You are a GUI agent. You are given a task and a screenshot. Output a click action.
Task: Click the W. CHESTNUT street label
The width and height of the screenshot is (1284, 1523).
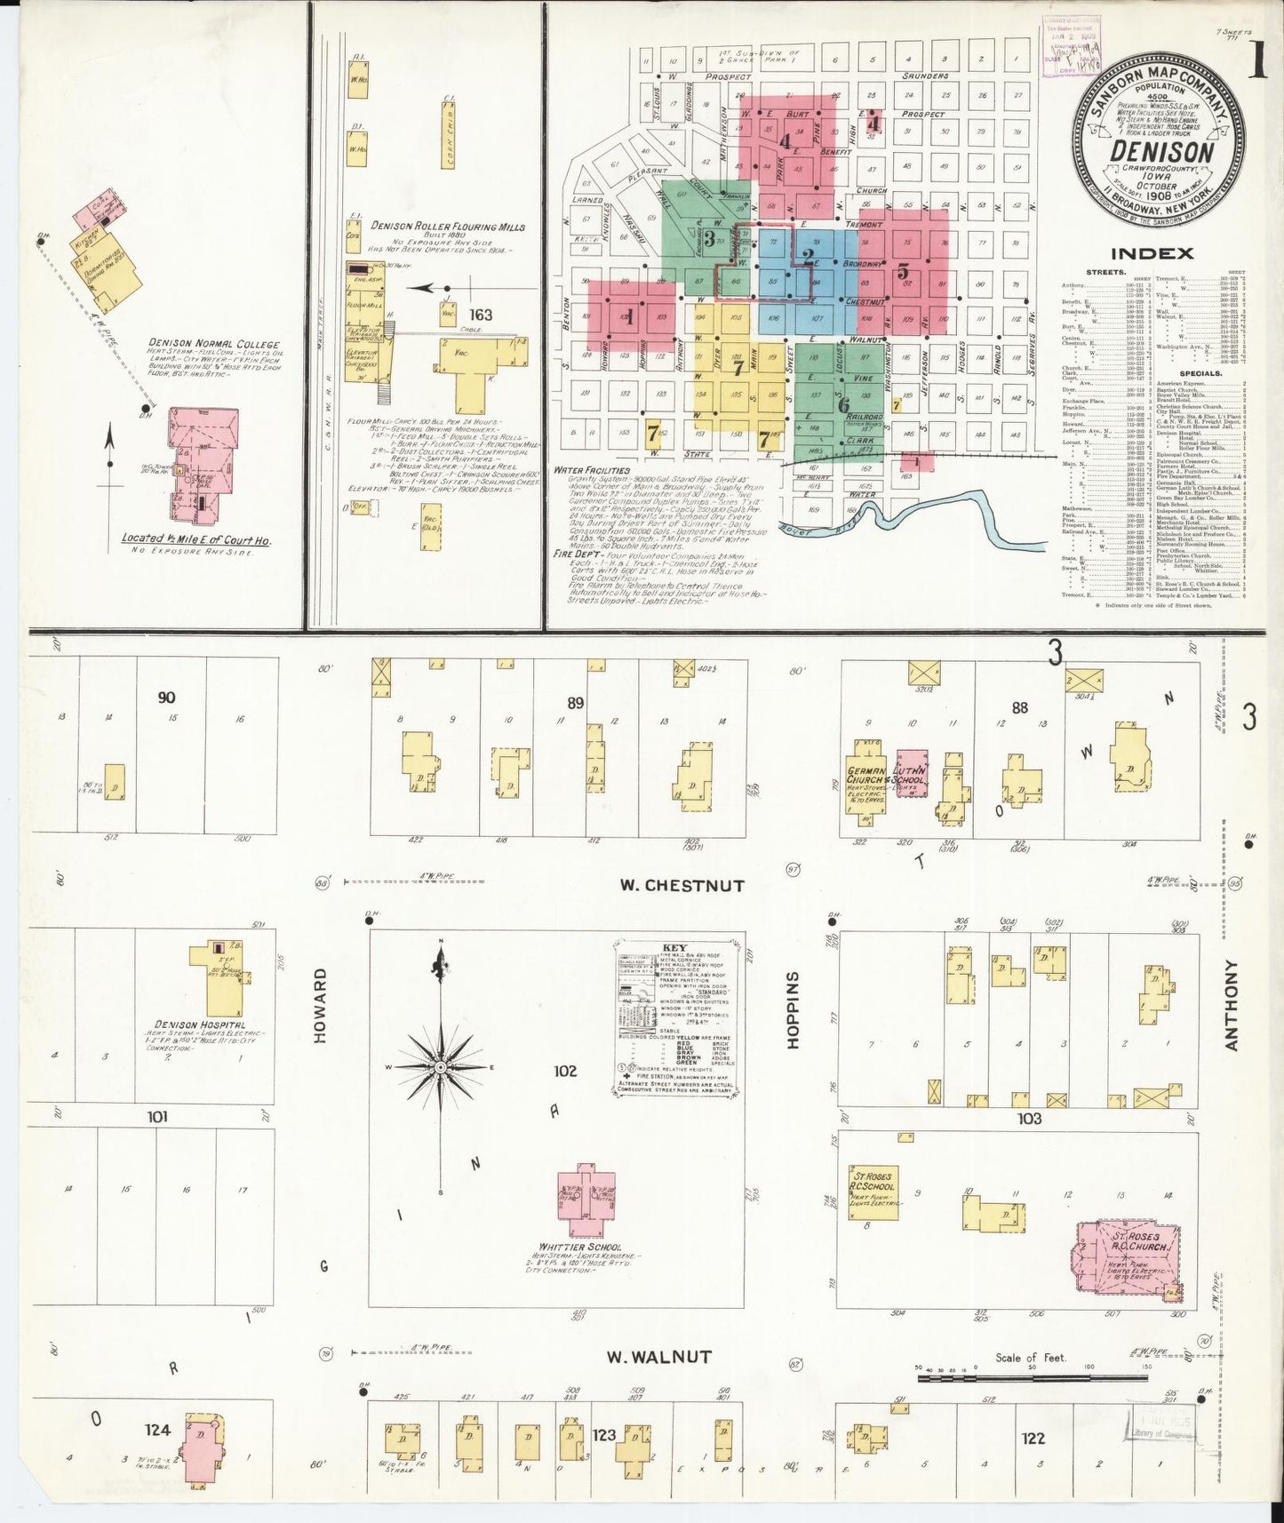pyautogui.click(x=682, y=885)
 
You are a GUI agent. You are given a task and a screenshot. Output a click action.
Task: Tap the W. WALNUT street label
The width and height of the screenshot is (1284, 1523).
pyautogui.click(x=658, y=1357)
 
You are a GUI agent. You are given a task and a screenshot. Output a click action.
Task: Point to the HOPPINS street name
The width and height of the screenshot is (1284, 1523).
pyautogui.click(x=794, y=1009)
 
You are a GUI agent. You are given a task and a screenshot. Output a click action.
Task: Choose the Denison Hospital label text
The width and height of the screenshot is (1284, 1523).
pyautogui.click(x=199, y=1025)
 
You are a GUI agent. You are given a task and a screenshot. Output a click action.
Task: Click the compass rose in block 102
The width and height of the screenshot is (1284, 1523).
pyautogui.click(x=440, y=1065)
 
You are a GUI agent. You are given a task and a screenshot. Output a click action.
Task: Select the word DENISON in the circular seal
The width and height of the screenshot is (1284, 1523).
pyautogui.click(x=1161, y=150)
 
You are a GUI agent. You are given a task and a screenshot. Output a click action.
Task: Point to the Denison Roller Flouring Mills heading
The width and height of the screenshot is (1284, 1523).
pyautogui.click(x=447, y=227)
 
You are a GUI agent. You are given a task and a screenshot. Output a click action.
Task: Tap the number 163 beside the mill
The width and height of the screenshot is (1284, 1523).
pyautogui.click(x=481, y=315)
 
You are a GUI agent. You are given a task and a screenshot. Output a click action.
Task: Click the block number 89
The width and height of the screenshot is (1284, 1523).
pyautogui.click(x=575, y=703)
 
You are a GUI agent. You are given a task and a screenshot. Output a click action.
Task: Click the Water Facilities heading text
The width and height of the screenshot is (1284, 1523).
pyautogui.click(x=591, y=470)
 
